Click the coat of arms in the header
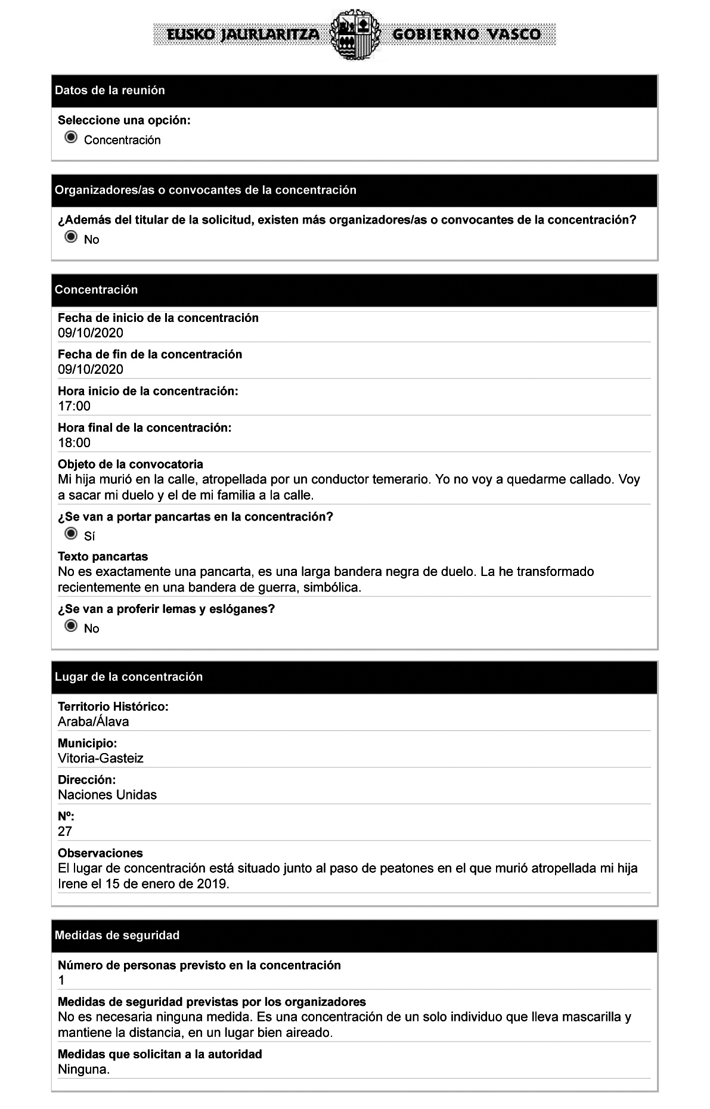point(355,34)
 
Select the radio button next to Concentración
point(71,138)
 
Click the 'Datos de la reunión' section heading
point(110,91)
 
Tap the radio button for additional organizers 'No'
point(71,237)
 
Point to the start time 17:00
point(75,407)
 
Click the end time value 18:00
point(75,443)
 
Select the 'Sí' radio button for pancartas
point(71,533)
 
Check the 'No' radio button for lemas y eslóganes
point(71,626)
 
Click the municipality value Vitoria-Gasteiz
point(101,758)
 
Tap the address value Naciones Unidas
point(107,795)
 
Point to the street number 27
point(65,831)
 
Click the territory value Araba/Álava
point(93,722)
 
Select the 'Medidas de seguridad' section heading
point(117,935)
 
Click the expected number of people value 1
point(61,980)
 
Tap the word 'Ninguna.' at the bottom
point(84,1070)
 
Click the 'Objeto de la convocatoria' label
point(131,464)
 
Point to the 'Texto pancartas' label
point(103,557)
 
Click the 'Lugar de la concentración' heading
point(129,677)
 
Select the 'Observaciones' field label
point(100,853)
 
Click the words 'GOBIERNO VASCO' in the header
point(466,35)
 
